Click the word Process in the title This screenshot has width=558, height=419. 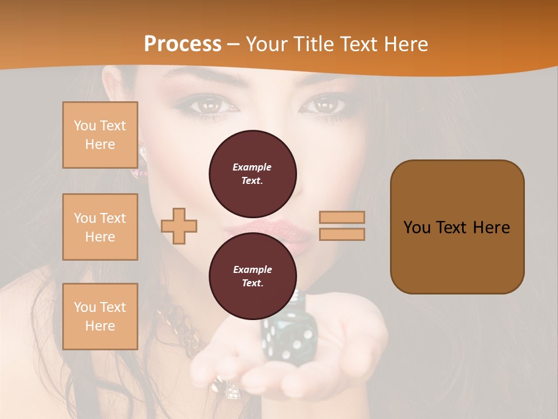[183, 44]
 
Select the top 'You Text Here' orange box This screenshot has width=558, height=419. [100, 135]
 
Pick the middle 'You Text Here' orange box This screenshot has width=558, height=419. [100, 227]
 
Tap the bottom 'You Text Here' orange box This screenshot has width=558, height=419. [100, 316]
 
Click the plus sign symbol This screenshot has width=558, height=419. [179, 226]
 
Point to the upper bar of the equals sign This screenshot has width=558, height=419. [342, 218]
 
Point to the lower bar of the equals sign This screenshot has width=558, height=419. [342, 234]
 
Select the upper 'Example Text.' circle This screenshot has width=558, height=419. [252, 174]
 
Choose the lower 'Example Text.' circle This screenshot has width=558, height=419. [252, 276]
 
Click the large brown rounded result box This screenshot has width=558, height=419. [457, 227]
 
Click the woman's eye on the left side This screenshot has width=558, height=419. [206, 106]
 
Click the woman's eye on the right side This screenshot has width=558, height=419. [325, 105]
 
